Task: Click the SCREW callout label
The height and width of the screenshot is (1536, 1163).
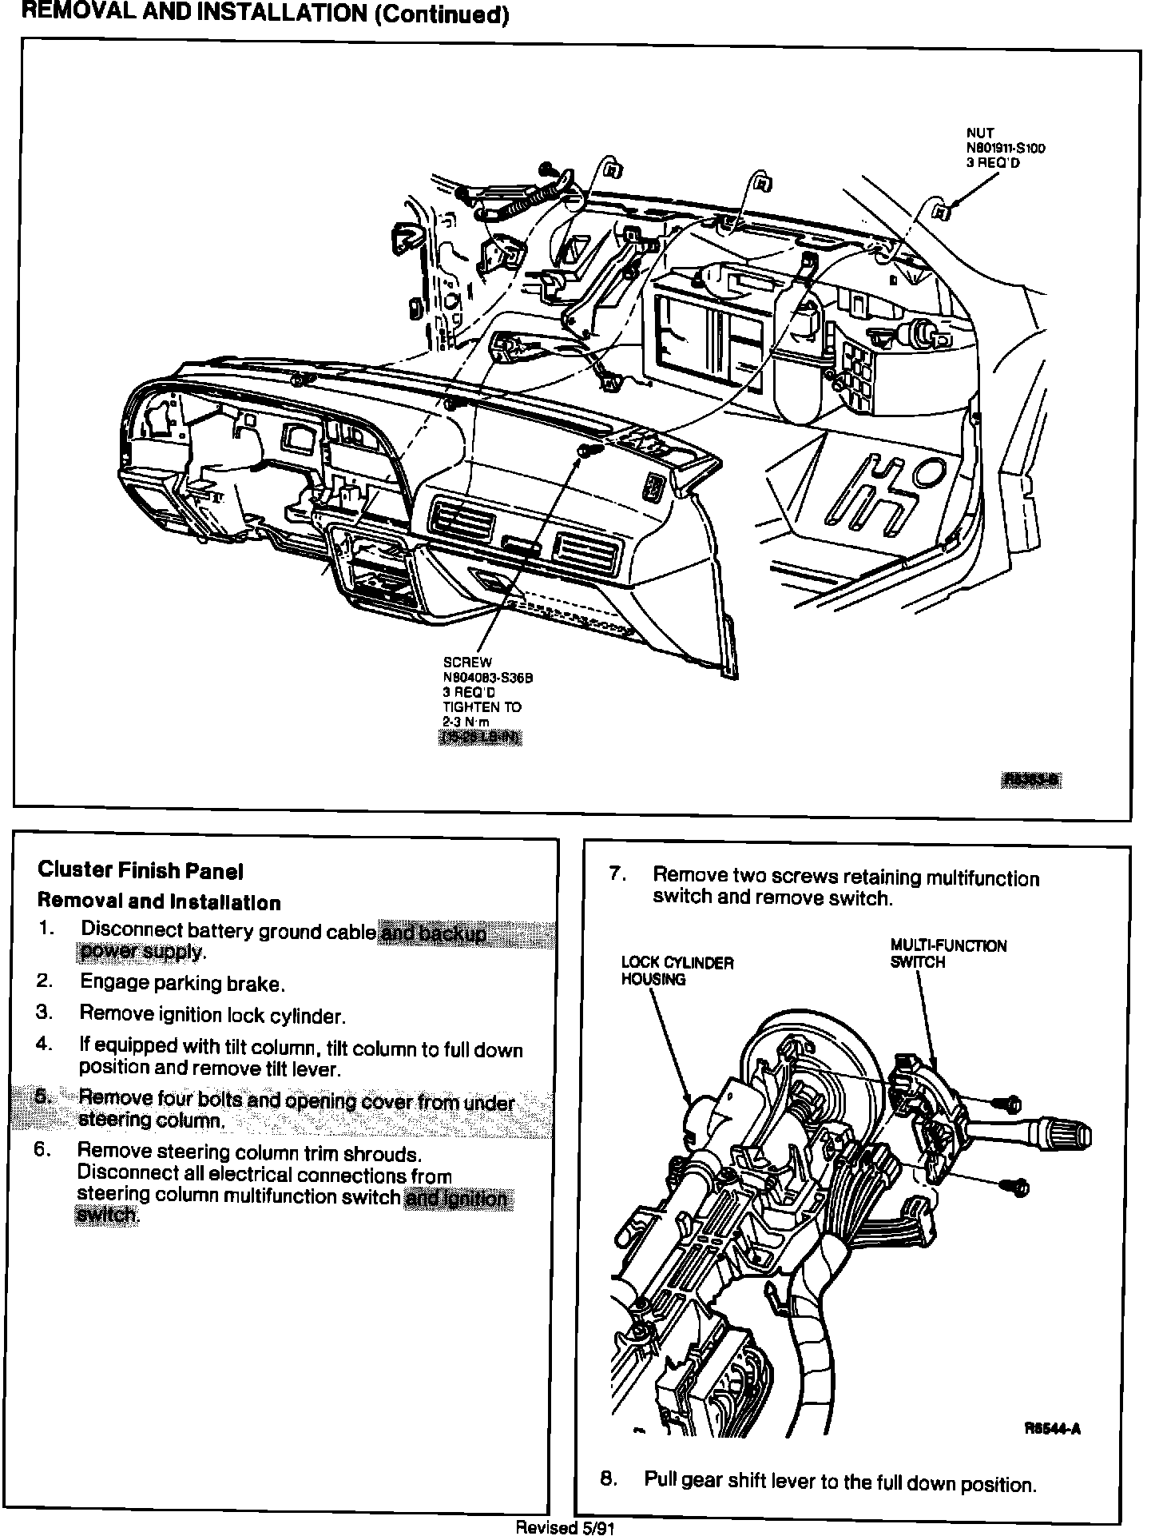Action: (467, 663)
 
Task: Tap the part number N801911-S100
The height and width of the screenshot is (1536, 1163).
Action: (1006, 148)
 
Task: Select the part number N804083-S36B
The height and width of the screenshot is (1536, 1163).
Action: (487, 678)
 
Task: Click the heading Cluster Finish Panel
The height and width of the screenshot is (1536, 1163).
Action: (141, 870)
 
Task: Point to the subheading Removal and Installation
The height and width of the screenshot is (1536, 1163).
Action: (159, 902)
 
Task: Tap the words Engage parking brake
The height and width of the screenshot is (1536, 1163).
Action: (183, 983)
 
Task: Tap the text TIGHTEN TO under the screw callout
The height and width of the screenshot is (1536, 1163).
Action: (482, 707)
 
